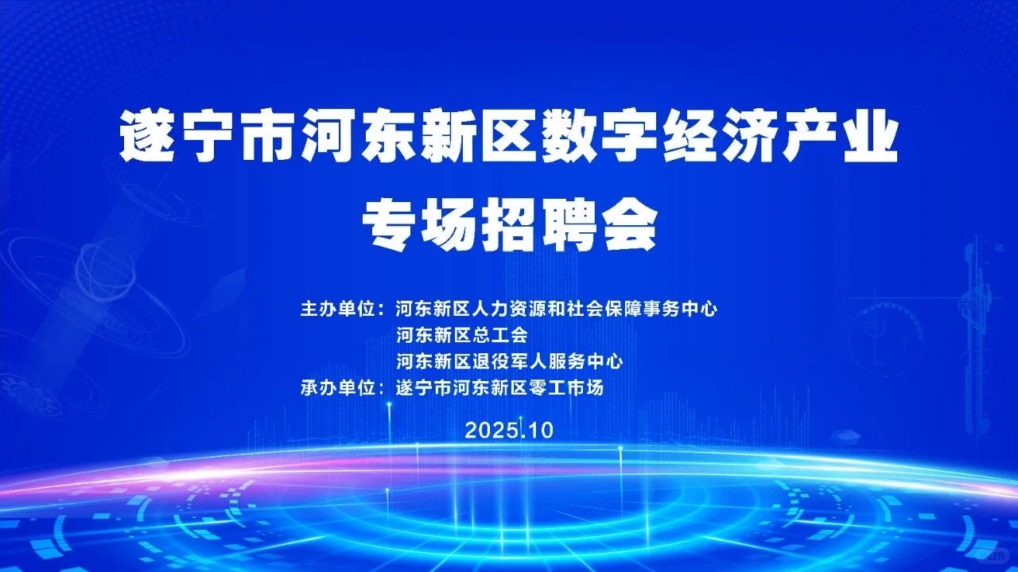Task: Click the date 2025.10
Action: (509, 430)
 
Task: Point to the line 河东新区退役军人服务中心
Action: (509, 361)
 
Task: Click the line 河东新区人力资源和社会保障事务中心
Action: (557, 309)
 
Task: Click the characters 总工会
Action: (501, 335)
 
